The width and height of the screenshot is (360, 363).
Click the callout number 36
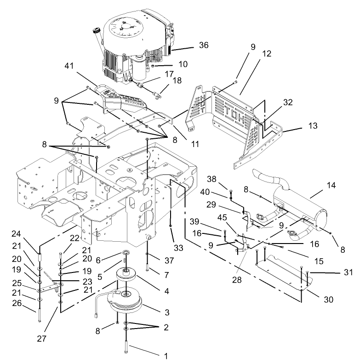tap(203, 45)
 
